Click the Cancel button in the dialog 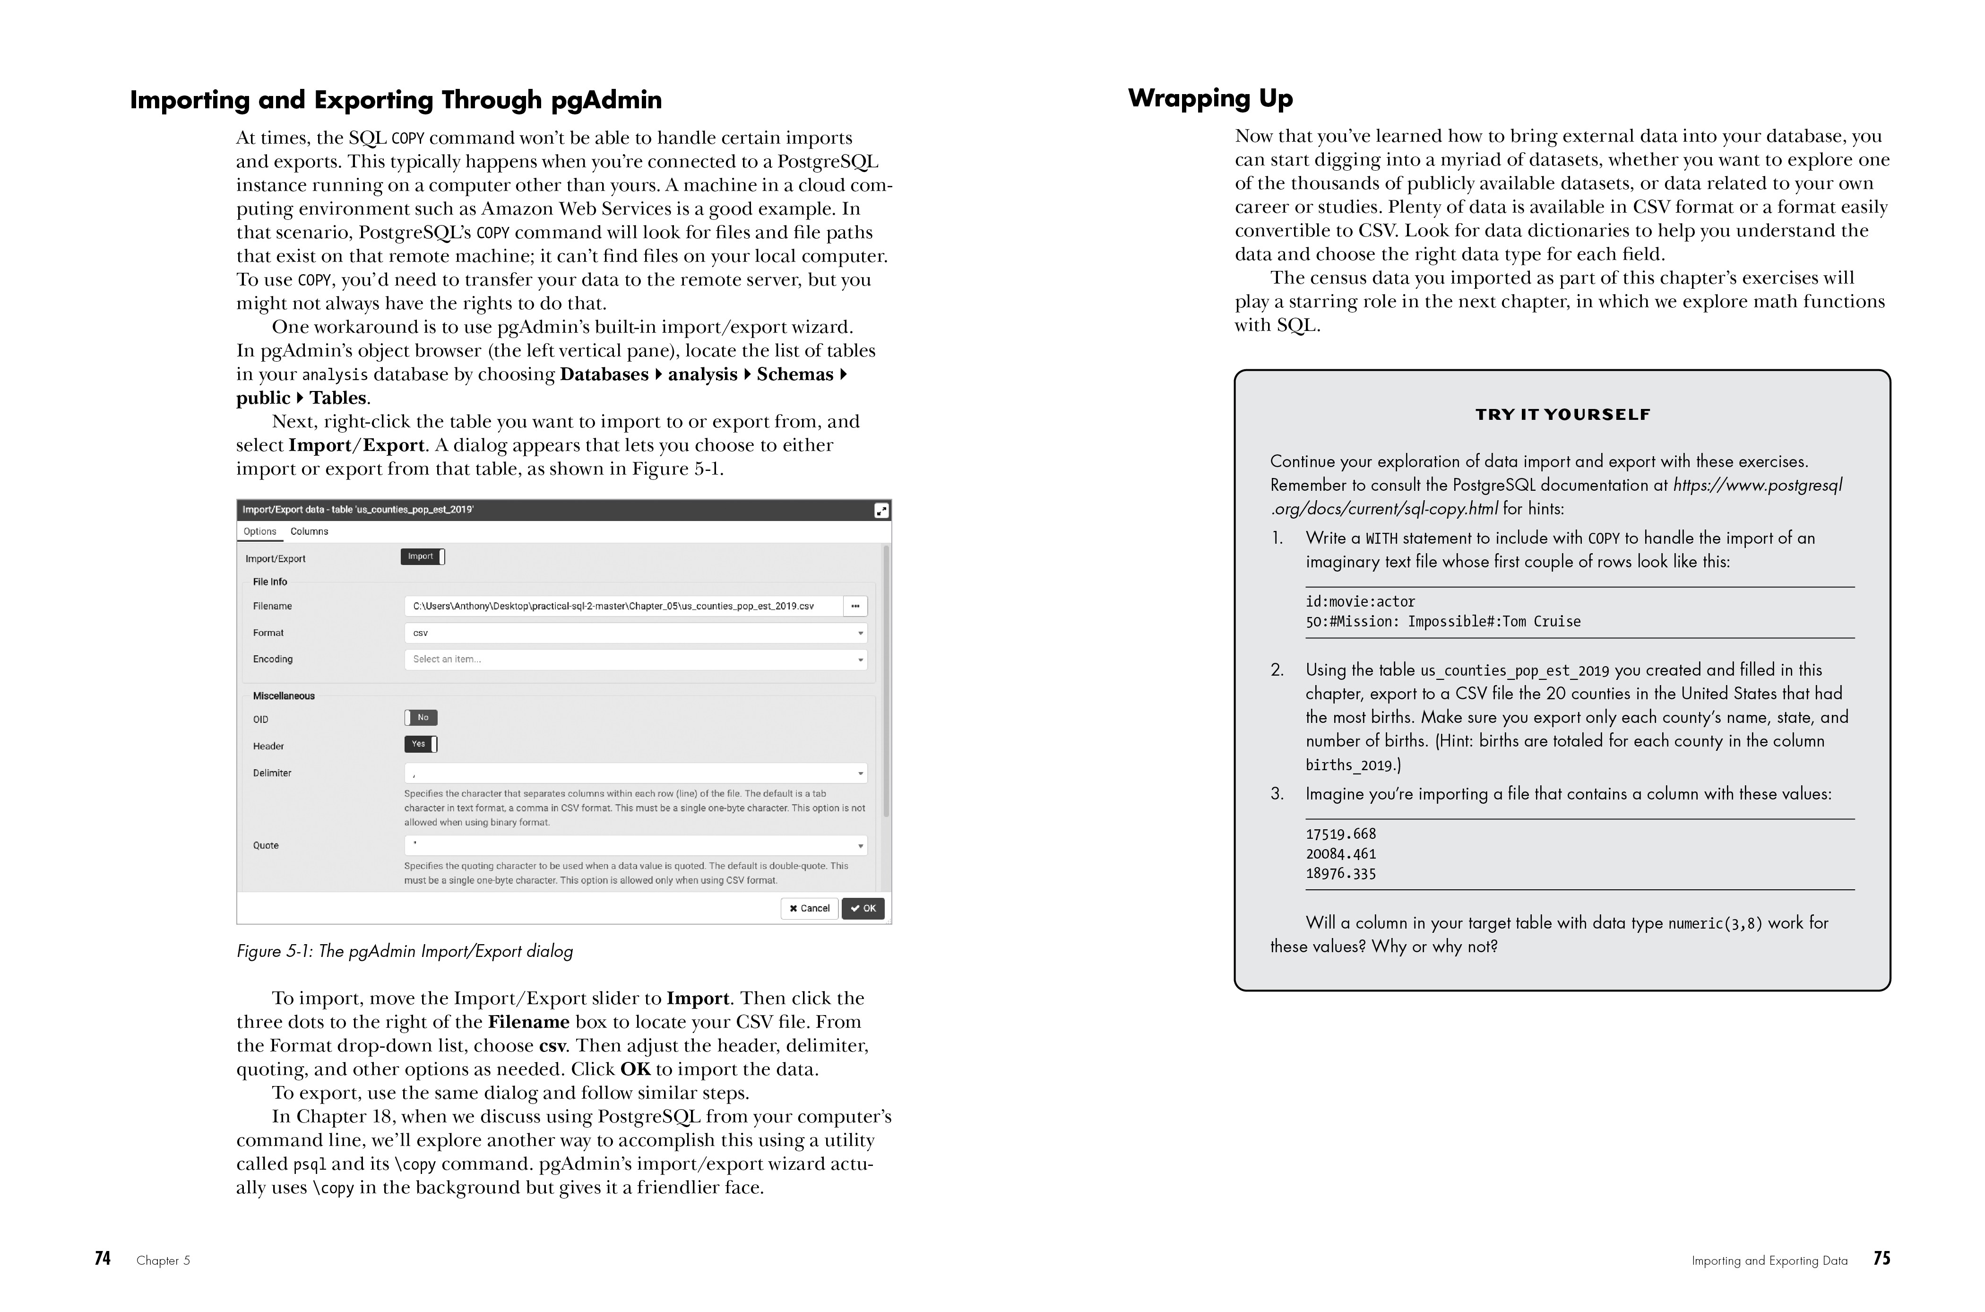809,909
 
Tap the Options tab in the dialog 259,531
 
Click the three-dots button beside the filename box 855,606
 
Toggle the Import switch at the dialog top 423,556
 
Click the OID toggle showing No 421,717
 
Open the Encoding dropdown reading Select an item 635,660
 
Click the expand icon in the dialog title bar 881,511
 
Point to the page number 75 1881,1259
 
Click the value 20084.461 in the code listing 1340,853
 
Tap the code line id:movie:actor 1360,601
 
